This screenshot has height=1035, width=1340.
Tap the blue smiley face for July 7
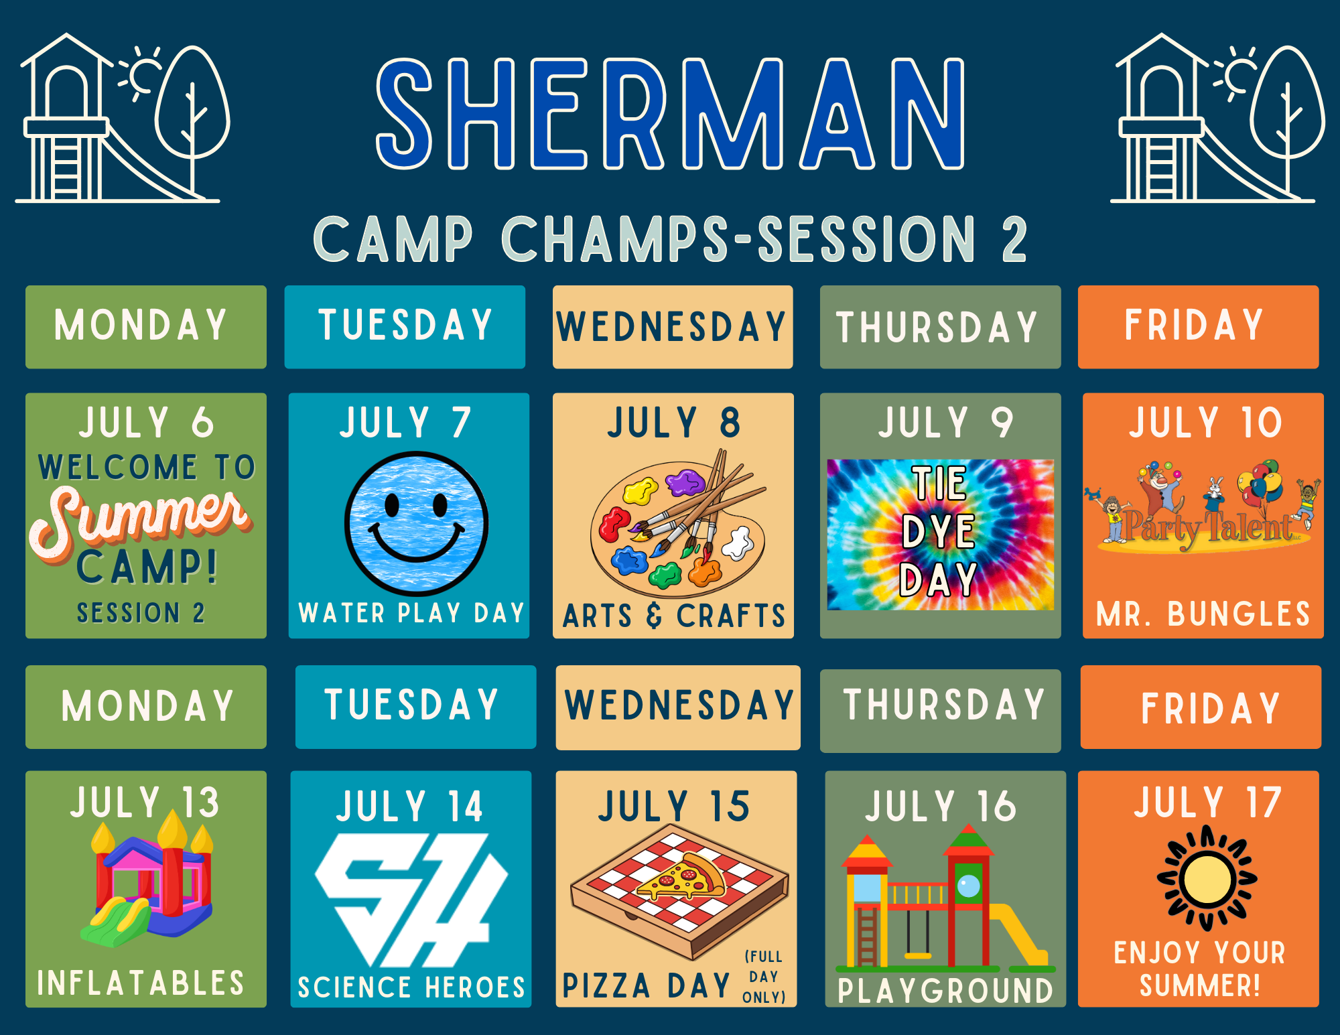point(416,523)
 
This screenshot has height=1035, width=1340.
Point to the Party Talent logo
point(1203,507)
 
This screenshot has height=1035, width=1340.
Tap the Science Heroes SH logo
point(411,900)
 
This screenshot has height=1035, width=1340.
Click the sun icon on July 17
point(1207,878)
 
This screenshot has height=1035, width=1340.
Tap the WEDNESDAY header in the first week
point(672,327)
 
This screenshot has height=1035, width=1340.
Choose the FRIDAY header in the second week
point(1211,708)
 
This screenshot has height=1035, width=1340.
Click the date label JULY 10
point(1205,423)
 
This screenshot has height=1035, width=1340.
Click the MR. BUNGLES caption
point(1203,614)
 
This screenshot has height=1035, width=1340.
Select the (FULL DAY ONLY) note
point(764,977)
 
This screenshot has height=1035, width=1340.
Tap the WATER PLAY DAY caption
point(411,612)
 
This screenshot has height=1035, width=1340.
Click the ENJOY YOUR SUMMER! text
point(1200,969)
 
